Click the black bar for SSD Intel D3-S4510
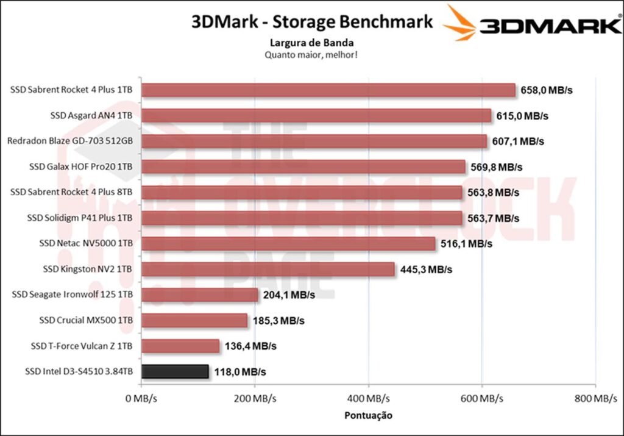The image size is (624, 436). coord(175,371)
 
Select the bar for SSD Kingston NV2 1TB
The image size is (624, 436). coord(268,269)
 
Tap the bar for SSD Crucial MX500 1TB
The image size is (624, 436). coord(194,320)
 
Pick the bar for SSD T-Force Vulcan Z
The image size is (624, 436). coord(180,346)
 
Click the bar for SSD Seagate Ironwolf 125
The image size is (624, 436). coord(200,295)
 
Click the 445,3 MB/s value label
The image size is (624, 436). coord(426,269)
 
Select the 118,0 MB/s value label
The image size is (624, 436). coord(239,371)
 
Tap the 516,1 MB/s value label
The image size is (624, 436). coord(467,243)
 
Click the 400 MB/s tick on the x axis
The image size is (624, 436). coord(368,399)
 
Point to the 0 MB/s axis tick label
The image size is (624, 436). coord(141,399)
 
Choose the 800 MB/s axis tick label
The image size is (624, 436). coord(595,399)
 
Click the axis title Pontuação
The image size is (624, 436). coord(367,415)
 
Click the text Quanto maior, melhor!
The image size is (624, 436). coord(311,54)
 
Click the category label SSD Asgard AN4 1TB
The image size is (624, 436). coord(91,115)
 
